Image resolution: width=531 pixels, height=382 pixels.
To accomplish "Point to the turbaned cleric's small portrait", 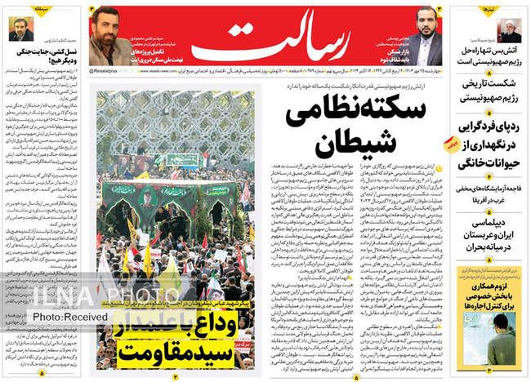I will click(x=510, y=30).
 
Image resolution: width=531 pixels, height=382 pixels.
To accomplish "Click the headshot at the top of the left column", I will click(x=20, y=29).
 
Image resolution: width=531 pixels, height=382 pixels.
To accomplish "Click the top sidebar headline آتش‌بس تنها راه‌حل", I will click(x=488, y=58).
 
